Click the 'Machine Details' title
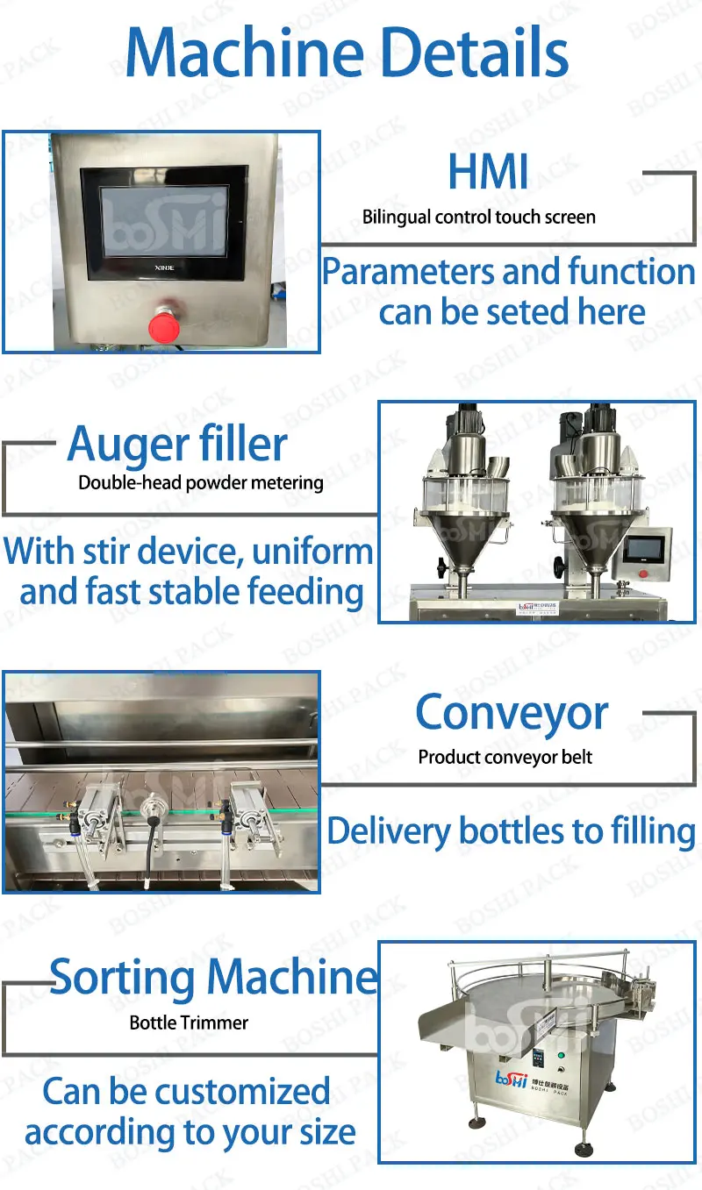pos(347,53)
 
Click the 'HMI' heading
pos(488,171)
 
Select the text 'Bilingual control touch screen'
pos(479,217)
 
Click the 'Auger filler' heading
pos(177,444)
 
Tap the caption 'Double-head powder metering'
pos(201,482)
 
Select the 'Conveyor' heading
pos(511,713)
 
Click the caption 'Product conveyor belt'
pos(505,757)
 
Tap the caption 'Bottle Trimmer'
pos(189,1023)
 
